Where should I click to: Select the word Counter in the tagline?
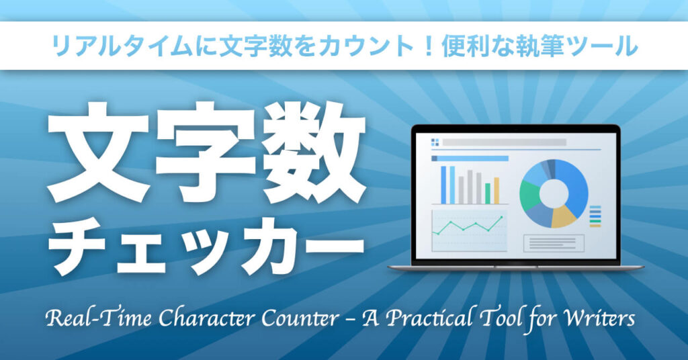point(300,318)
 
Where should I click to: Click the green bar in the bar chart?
point(488,193)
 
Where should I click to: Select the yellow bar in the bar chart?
point(497,191)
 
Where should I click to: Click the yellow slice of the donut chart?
point(564,216)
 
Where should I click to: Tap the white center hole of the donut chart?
point(554,193)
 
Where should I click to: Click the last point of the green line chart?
point(501,217)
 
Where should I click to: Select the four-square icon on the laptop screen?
point(435,142)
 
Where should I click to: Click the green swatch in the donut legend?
point(595,221)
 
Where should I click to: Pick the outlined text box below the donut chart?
point(554,243)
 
